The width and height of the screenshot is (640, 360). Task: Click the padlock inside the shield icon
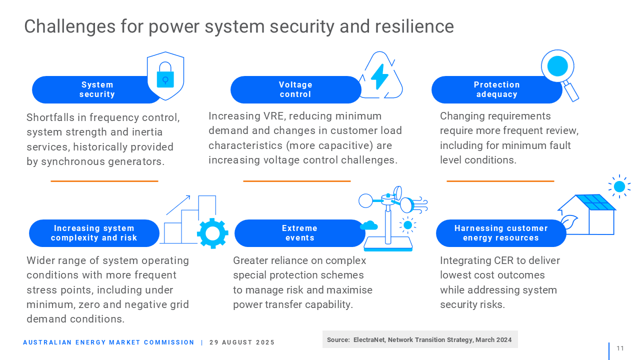(x=165, y=75)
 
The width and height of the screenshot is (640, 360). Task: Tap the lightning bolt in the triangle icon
(x=379, y=76)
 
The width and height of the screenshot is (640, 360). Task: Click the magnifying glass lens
(x=557, y=66)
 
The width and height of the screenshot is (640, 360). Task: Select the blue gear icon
(x=212, y=233)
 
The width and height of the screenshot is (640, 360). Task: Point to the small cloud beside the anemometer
(x=369, y=225)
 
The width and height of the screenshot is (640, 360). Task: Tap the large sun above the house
(x=619, y=186)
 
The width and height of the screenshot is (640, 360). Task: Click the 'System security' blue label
(x=97, y=89)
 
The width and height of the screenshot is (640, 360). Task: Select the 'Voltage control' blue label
(x=295, y=89)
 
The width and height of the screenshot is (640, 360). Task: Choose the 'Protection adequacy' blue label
(x=497, y=89)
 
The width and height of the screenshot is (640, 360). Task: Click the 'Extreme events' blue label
(x=299, y=233)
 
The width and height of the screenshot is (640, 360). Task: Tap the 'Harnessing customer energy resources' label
(x=501, y=233)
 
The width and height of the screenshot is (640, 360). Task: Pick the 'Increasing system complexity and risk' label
(x=94, y=233)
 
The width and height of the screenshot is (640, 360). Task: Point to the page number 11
(x=620, y=348)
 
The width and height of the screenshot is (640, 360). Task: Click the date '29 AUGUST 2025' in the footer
(x=241, y=342)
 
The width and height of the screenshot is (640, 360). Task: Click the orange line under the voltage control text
(x=297, y=181)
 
